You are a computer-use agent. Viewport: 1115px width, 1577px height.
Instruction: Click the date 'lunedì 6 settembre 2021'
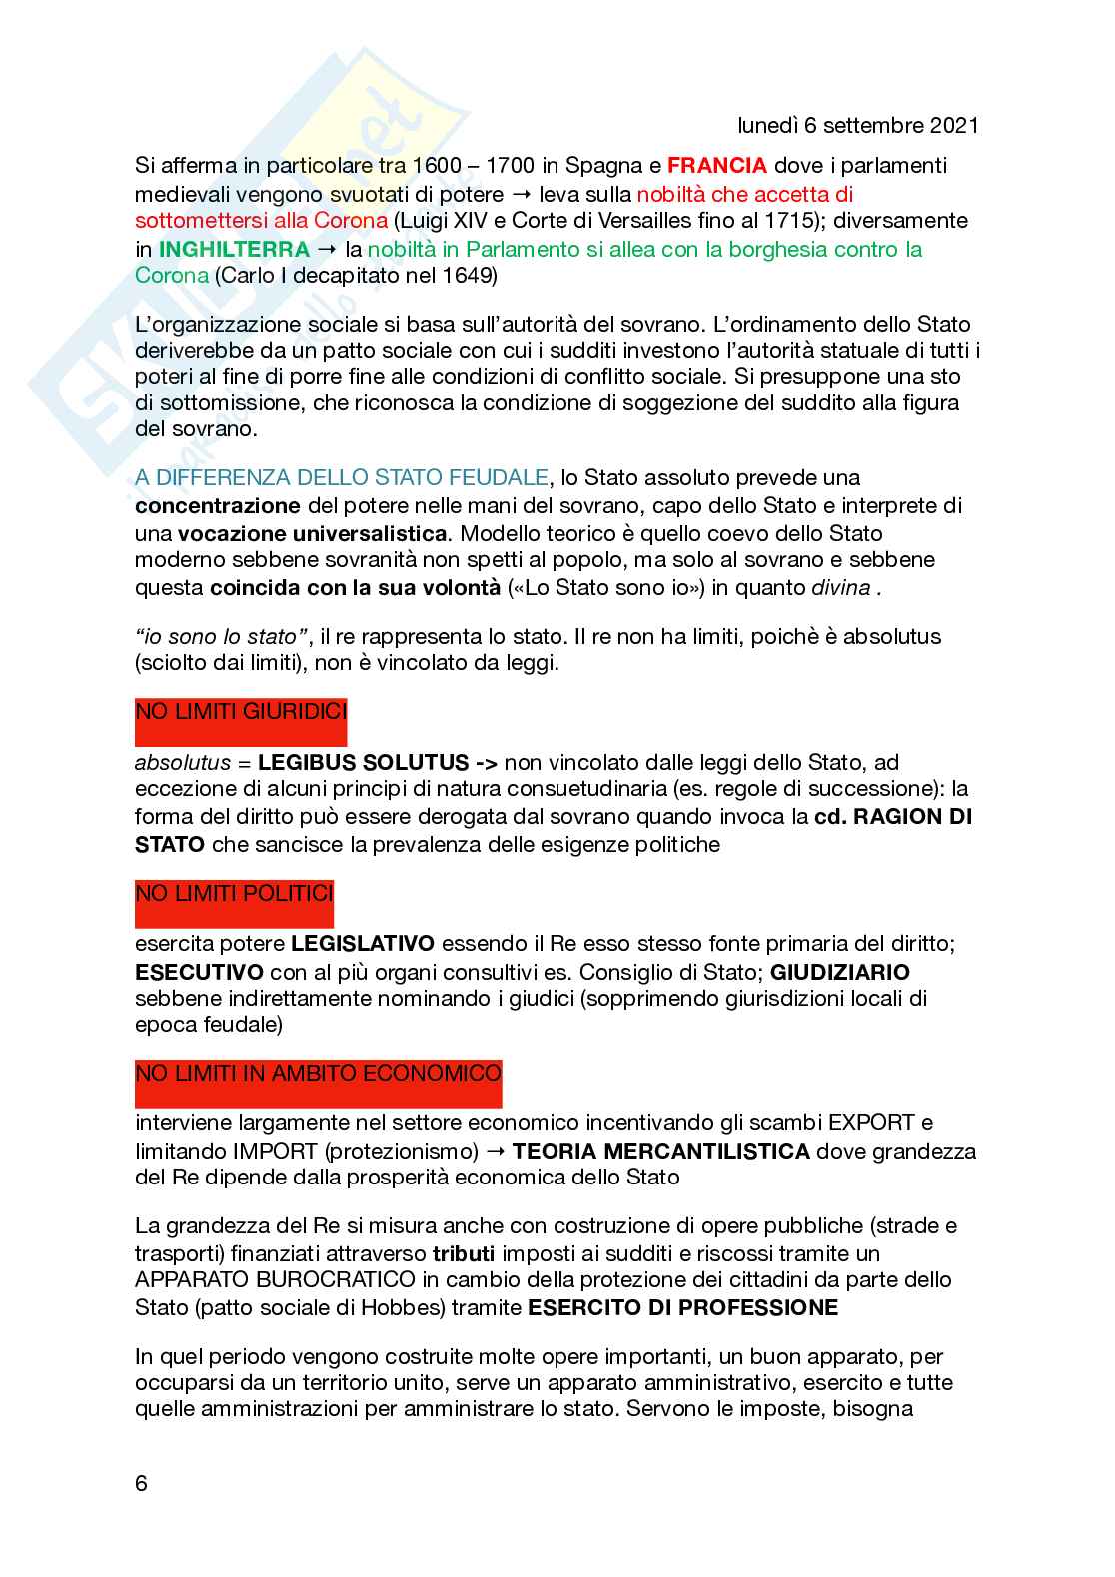[x=857, y=126]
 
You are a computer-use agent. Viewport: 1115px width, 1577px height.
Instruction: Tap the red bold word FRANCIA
[x=716, y=165]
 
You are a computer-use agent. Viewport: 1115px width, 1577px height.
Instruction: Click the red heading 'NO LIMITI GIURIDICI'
[x=241, y=712]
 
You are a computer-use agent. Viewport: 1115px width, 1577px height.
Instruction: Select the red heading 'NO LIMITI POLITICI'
[x=234, y=893]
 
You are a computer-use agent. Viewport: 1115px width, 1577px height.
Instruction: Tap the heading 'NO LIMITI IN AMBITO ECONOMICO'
[x=318, y=1074]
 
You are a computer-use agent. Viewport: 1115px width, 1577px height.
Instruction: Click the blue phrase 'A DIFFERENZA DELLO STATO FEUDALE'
[x=342, y=478]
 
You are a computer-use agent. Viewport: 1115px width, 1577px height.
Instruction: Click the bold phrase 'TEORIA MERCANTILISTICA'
[x=660, y=1151]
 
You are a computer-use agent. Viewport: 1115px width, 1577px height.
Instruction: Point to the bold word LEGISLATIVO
[x=363, y=943]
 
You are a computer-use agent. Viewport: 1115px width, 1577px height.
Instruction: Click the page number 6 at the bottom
[x=141, y=1511]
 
